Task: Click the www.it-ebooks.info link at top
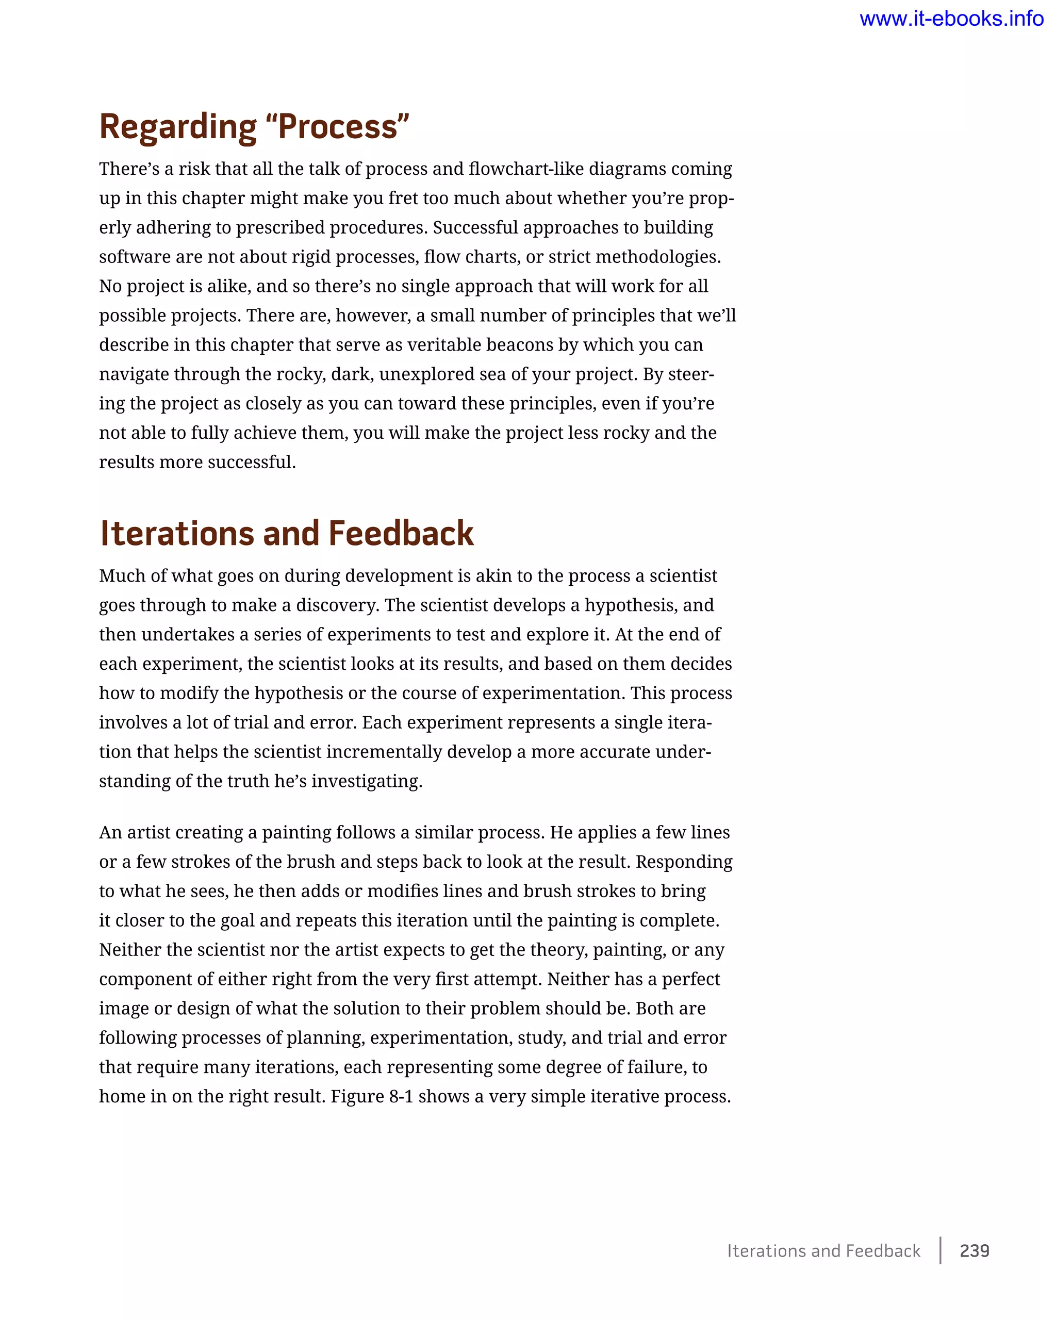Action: pyautogui.click(x=951, y=19)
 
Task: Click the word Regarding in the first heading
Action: pyautogui.click(x=177, y=127)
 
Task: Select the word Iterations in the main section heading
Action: pyautogui.click(x=176, y=533)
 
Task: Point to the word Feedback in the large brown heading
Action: pyautogui.click(x=401, y=533)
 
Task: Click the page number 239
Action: pyautogui.click(x=974, y=1250)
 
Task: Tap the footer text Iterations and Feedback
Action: pyautogui.click(x=823, y=1251)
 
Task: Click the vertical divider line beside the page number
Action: pyautogui.click(x=940, y=1250)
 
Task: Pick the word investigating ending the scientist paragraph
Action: pyautogui.click(x=366, y=781)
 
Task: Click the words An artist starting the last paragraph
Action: pyautogui.click(x=132, y=833)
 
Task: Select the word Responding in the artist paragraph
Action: pyautogui.click(x=684, y=862)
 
